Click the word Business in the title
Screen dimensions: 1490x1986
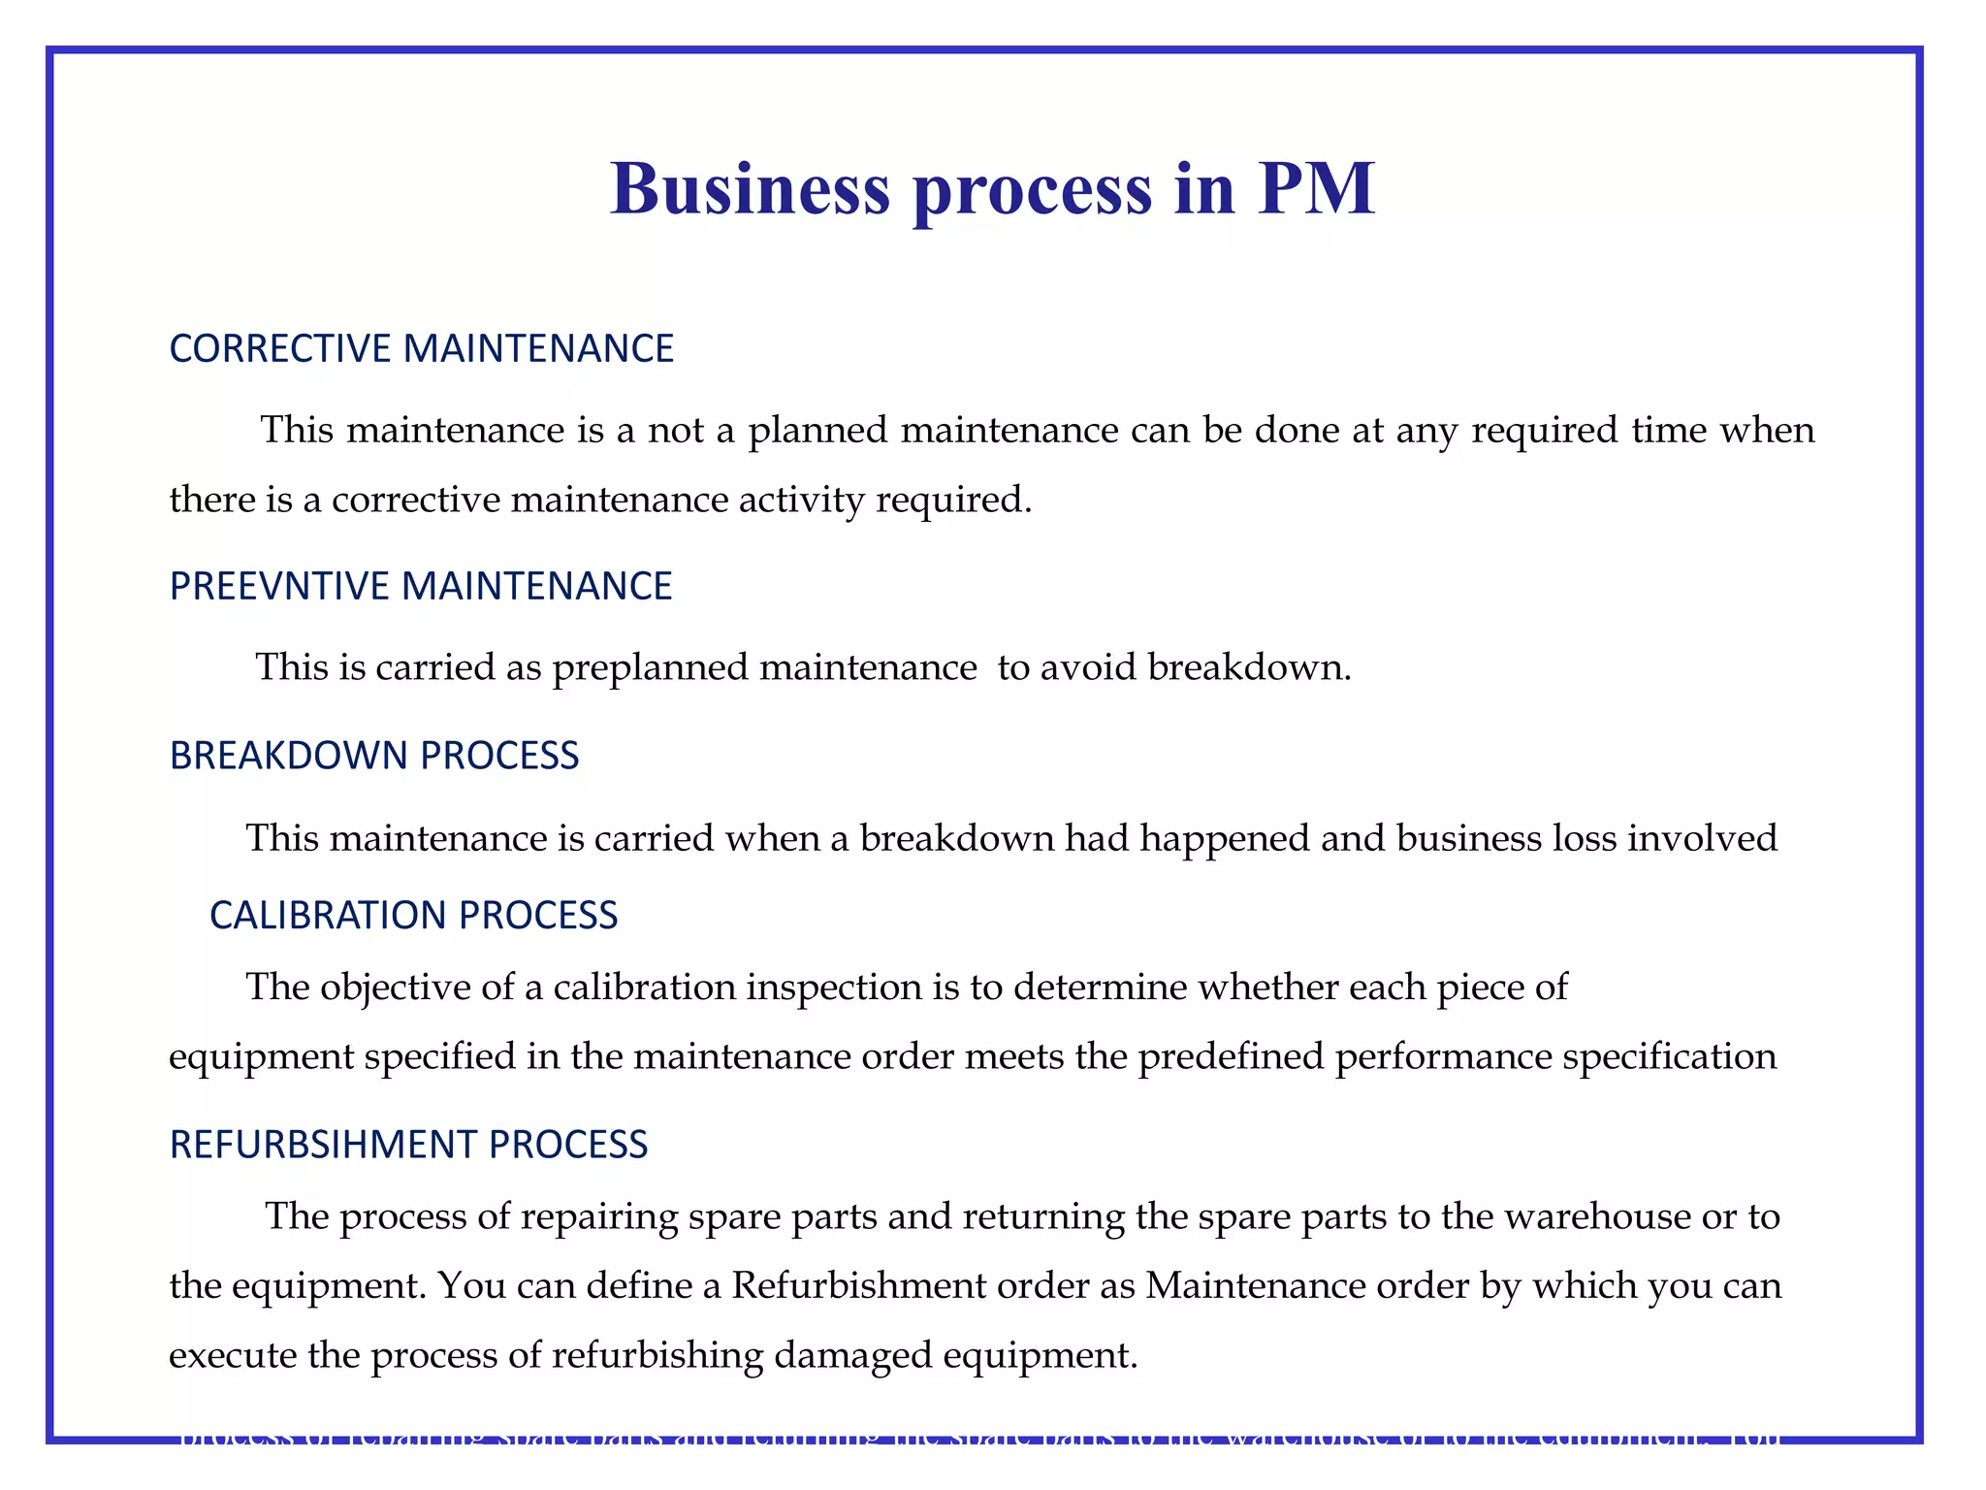click(x=750, y=188)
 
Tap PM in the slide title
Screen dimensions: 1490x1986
click(x=1316, y=188)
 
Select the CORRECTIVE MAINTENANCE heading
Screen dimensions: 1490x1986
click(x=421, y=348)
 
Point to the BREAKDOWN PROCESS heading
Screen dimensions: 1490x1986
click(x=373, y=756)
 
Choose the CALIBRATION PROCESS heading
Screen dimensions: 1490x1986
click(x=413, y=916)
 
